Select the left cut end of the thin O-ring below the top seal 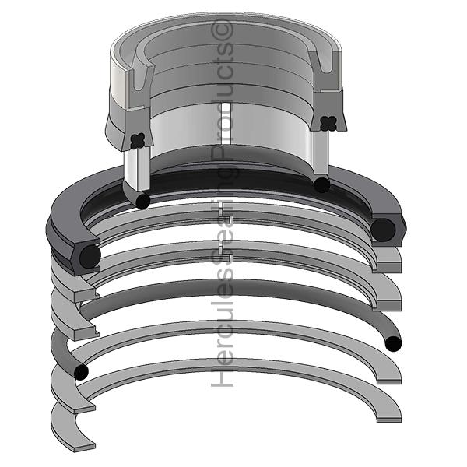pos(142,201)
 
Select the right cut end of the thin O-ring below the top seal pos(320,184)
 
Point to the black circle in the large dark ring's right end pos(383,230)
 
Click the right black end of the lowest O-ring pos(394,342)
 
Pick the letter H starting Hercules pos(223,378)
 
